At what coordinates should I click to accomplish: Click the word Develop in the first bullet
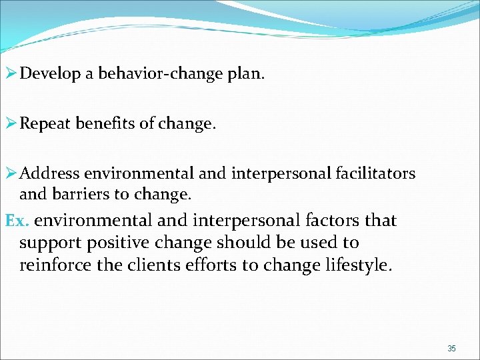pyautogui.click(x=49, y=73)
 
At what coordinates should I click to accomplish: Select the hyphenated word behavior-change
pyautogui.click(x=165, y=73)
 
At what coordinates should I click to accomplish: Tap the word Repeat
pyautogui.click(x=45, y=123)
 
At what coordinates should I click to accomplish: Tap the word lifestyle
pyautogui.click(x=359, y=265)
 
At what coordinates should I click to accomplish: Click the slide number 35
pyautogui.click(x=451, y=349)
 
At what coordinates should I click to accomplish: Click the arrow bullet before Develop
pyautogui.click(x=10, y=73)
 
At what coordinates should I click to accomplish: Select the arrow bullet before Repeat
pyautogui.click(x=10, y=123)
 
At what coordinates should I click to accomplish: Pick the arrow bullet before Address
pyautogui.click(x=10, y=174)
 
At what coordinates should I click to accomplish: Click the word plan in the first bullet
pyautogui.click(x=247, y=73)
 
